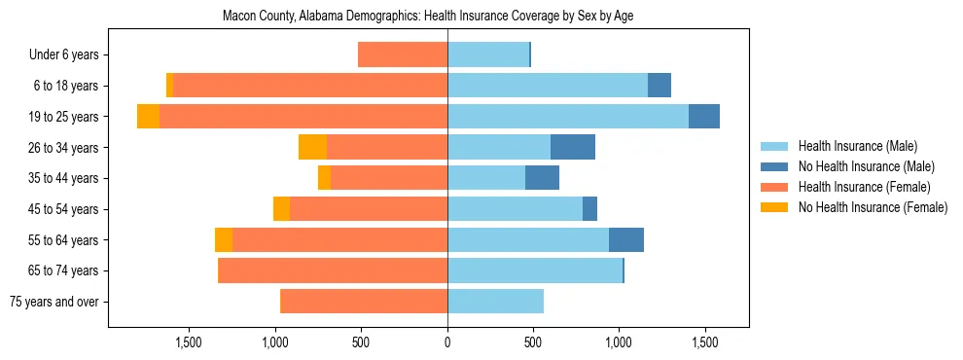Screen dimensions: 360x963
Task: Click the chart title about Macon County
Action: coord(428,17)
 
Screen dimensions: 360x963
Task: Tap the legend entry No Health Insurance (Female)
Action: coord(873,207)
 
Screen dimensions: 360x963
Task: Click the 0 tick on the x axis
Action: coord(447,342)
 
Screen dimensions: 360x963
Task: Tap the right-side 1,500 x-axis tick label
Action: coord(704,342)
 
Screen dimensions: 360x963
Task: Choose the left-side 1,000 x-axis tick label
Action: coord(275,342)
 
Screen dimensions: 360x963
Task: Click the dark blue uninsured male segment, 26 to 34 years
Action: coord(573,147)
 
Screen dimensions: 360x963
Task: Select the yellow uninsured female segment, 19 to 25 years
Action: coord(148,117)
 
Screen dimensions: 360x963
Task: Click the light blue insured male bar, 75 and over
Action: coord(495,302)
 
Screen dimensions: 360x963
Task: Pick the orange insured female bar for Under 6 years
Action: coord(403,54)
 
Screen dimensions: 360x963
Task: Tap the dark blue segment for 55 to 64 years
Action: coord(626,239)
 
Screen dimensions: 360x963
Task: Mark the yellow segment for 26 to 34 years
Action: coord(312,147)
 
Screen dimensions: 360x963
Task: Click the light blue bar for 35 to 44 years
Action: coord(486,178)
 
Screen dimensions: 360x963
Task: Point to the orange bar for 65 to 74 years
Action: coord(333,270)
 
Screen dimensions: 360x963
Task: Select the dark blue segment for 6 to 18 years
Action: coord(660,86)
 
